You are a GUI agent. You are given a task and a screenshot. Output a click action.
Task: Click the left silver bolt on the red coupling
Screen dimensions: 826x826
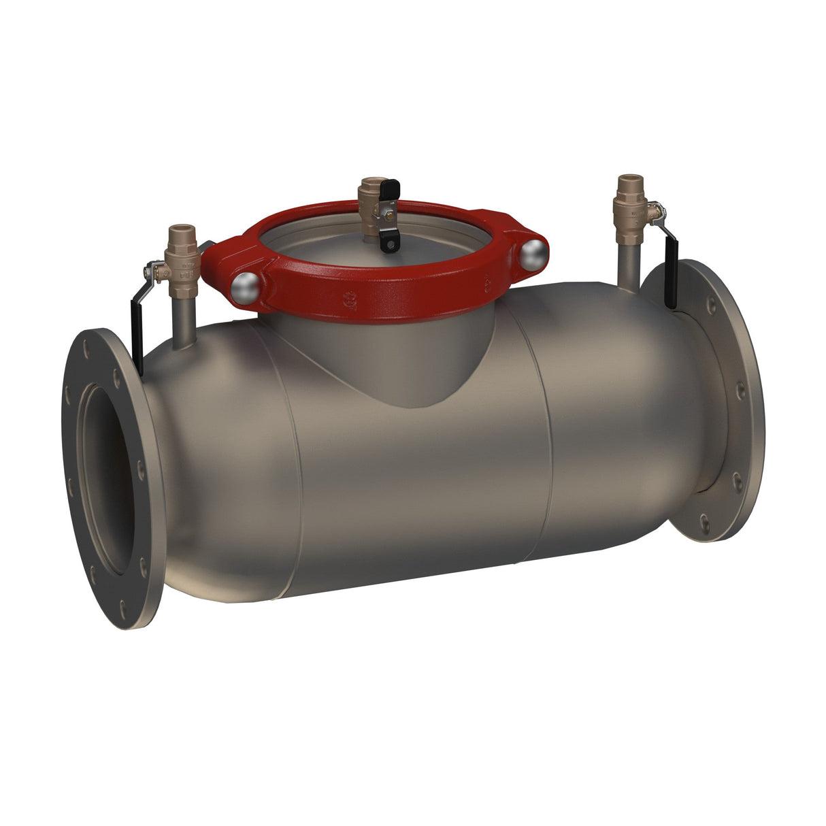click(246, 288)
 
